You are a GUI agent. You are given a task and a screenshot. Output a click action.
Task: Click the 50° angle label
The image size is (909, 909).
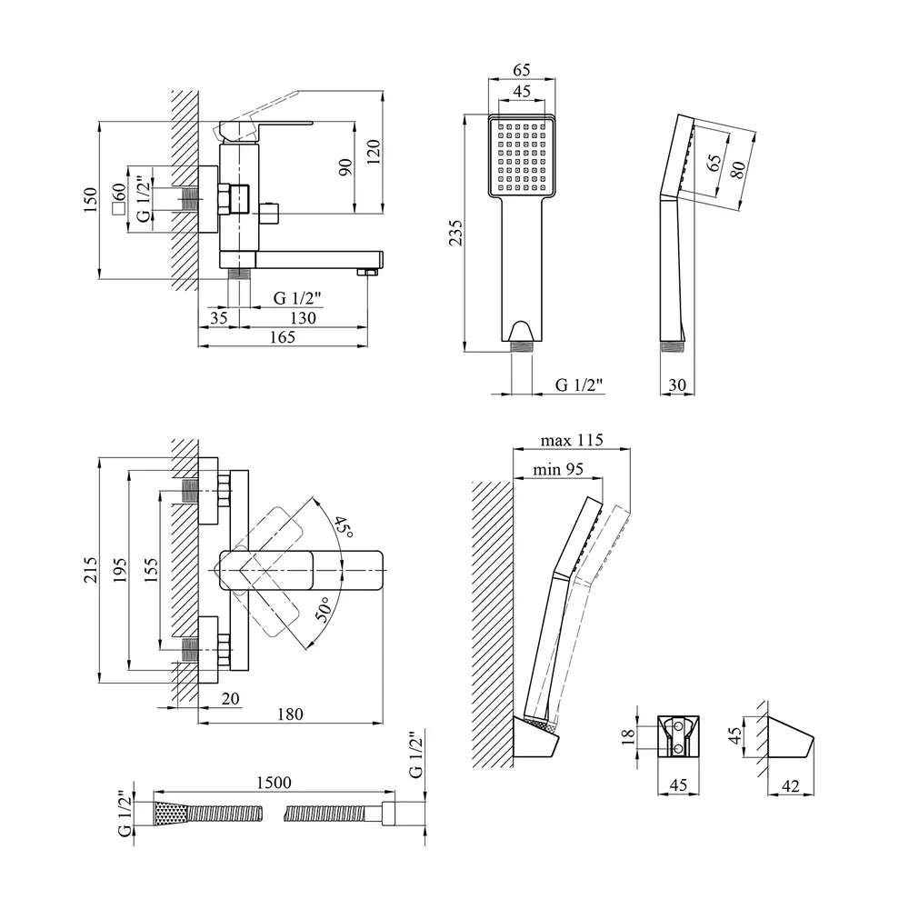click(x=324, y=610)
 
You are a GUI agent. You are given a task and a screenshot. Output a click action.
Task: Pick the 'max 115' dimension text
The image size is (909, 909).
click(x=572, y=440)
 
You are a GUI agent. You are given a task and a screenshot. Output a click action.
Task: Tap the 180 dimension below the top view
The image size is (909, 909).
click(x=289, y=714)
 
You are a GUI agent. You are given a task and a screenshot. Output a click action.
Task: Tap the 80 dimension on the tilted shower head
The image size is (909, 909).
click(x=738, y=170)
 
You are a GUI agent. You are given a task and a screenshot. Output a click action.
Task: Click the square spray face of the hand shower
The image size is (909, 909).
click(x=522, y=156)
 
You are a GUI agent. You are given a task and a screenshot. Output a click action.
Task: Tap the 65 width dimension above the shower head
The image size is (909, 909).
click(x=522, y=70)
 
